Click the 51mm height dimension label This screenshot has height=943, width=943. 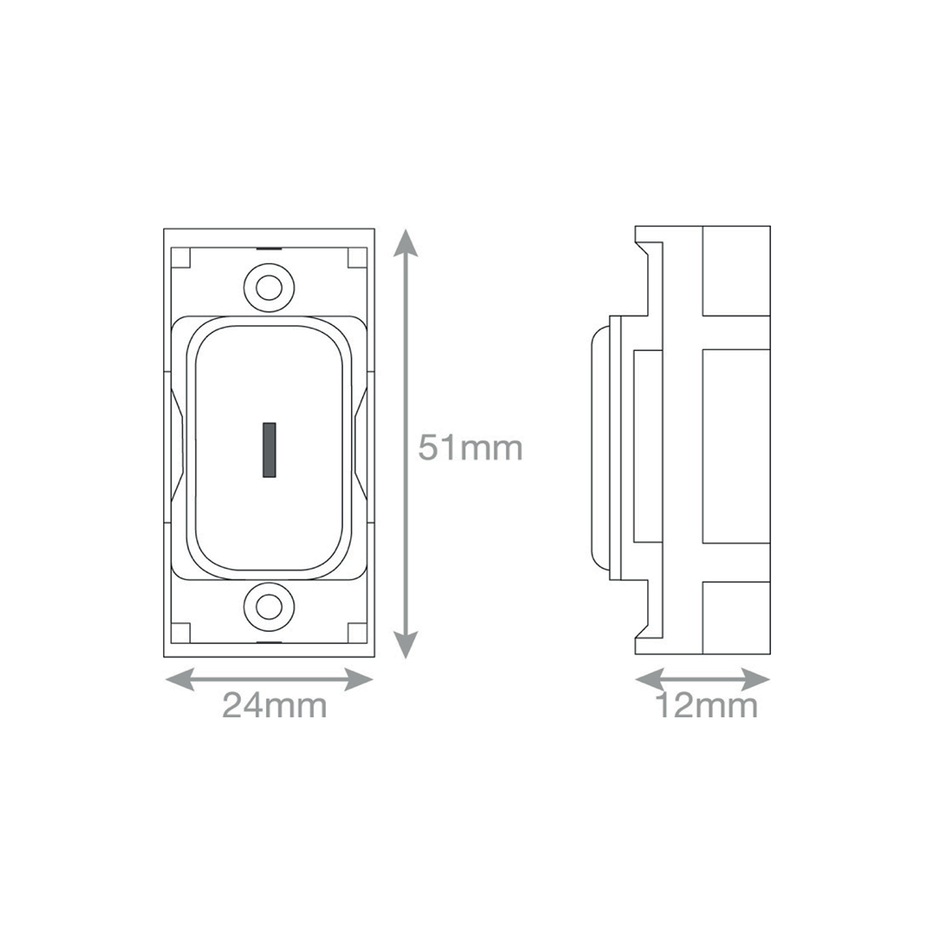click(470, 448)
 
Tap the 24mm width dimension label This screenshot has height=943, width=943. click(275, 705)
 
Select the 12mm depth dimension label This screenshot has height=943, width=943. click(706, 705)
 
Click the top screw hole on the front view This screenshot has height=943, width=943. click(269, 288)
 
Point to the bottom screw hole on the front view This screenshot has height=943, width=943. click(269, 607)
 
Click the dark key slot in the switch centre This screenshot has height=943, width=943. click(269, 450)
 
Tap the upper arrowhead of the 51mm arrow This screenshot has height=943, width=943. click(405, 243)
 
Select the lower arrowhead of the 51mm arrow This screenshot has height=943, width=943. click(405, 644)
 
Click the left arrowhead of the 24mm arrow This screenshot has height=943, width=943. click(180, 680)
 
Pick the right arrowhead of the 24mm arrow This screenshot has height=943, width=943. click(358, 680)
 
